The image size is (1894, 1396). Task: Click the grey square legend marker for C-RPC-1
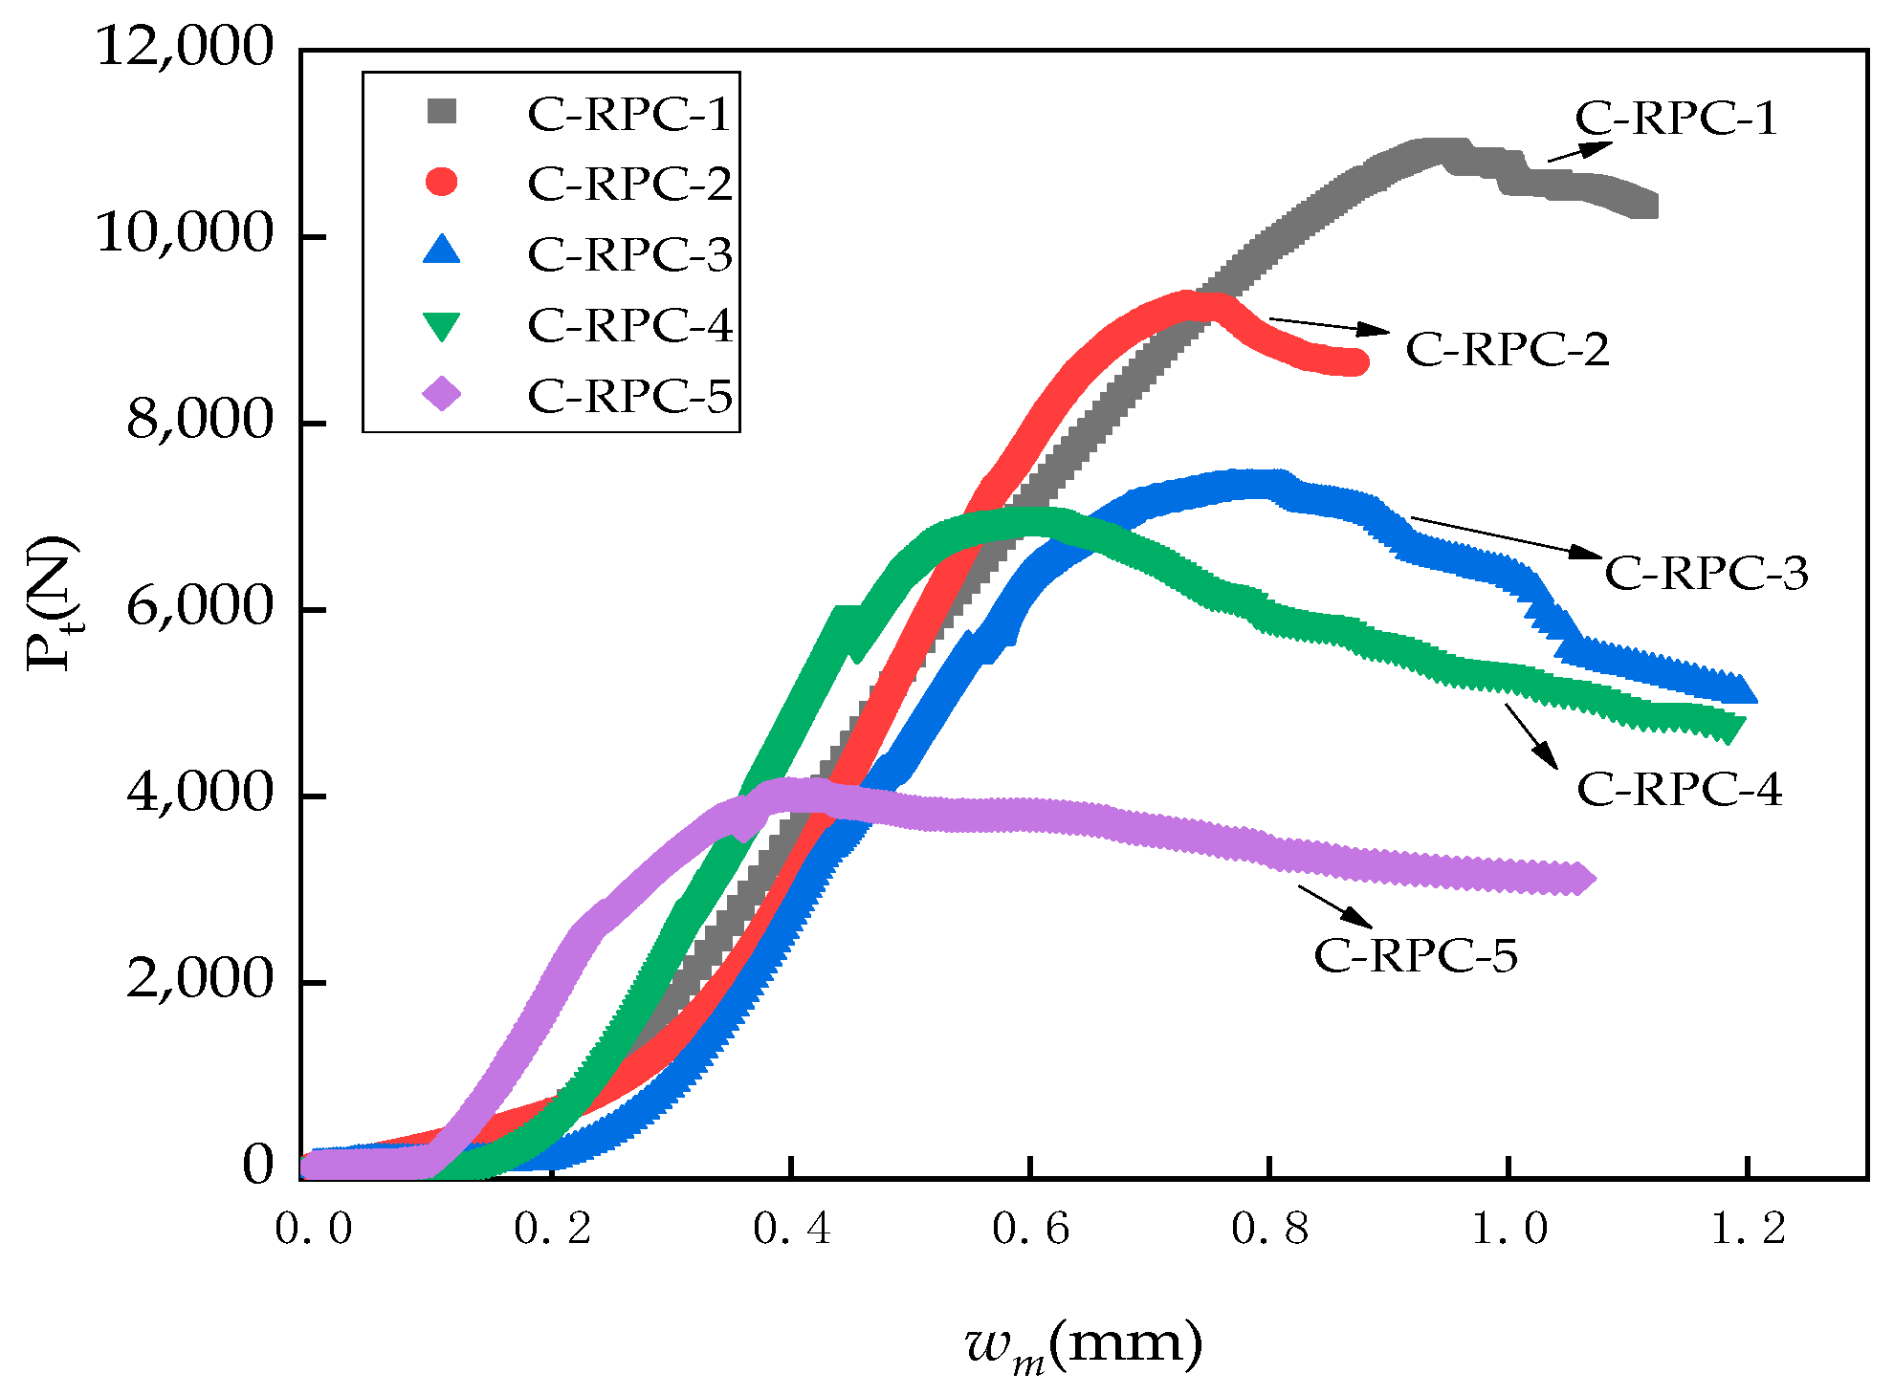tap(442, 112)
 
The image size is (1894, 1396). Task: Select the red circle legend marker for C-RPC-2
tap(442, 182)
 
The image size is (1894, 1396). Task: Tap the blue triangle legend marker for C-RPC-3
tap(442, 251)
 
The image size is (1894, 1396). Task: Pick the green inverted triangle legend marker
tap(442, 326)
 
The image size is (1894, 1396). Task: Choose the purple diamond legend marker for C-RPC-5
tap(442, 393)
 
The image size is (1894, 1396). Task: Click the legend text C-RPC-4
tap(629, 326)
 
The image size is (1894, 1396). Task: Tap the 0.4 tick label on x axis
tap(791, 1230)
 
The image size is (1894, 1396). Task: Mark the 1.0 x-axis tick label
tap(1509, 1230)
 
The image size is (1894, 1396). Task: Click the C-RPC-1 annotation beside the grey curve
tap(1676, 119)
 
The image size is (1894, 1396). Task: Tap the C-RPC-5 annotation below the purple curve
tap(1416, 955)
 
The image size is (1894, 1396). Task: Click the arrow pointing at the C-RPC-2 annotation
tap(1330, 325)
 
